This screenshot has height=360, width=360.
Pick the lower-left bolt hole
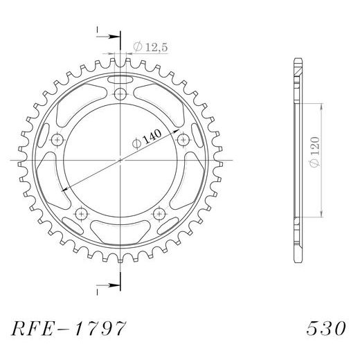[82, 213]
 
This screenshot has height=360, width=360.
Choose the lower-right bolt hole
[159, 213]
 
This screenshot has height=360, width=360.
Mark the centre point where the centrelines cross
[120, 160]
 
